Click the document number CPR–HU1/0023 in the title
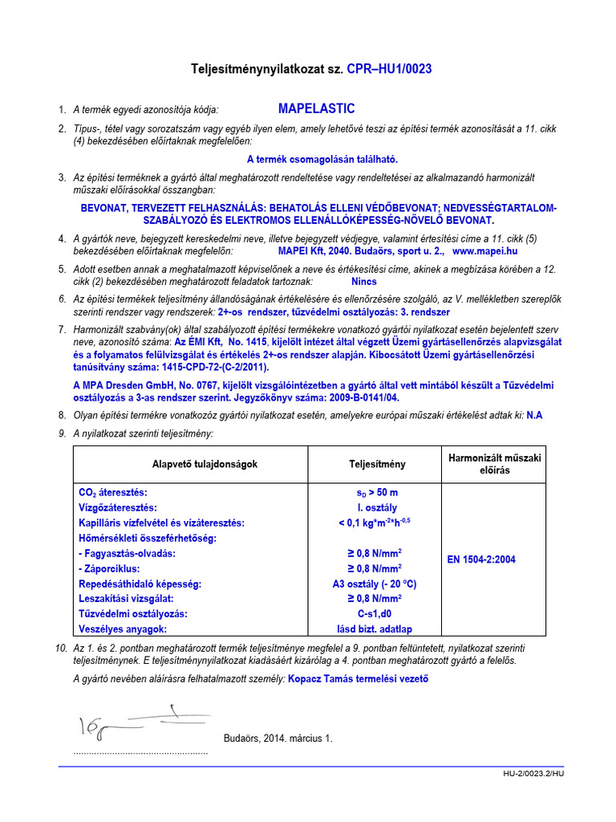(389, 69)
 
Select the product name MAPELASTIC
(316, 108)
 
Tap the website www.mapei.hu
(485, 251)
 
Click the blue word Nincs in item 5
(363, 282)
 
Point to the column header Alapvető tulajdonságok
(205, 464)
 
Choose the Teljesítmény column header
(377, 464)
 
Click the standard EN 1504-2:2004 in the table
(480, 560)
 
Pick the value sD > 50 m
(377, 492)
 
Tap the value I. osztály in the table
(377, 507)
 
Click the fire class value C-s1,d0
(377, 613)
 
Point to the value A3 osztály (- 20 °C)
(377, 584)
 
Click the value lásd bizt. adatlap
(377, 629)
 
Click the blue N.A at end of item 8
(535, 415)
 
